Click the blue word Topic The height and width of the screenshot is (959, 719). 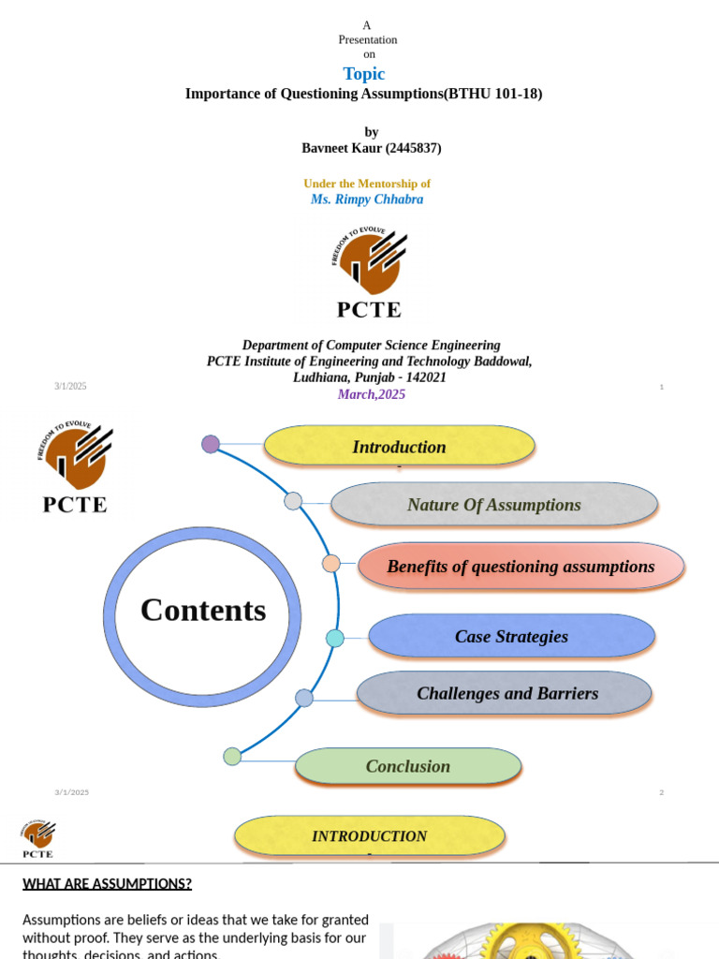[x=363, y=74]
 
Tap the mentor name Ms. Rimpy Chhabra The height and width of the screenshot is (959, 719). [x=367, y=199]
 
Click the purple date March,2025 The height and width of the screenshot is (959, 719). [x=371, y=394]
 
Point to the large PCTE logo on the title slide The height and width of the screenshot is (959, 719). [x=369, y=272]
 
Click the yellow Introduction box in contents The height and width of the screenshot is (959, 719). [x=399, y=447]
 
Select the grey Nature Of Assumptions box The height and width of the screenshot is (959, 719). [x=493, y=505]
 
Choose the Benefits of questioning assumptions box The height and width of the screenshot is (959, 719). [x=521, y=567]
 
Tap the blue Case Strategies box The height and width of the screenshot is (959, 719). [x=511, y=637]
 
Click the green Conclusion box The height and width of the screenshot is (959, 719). [x=407, y=766]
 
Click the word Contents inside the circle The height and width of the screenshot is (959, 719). [x=203, y=611]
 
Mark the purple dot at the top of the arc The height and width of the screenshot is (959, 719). [x=211, y=444]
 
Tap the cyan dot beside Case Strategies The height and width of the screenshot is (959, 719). [x=334, y=639]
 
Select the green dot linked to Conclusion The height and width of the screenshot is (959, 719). [x=232, y=756]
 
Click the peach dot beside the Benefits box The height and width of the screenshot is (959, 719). [x=330, y=564]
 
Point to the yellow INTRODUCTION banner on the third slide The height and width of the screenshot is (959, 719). [x=369, y=836]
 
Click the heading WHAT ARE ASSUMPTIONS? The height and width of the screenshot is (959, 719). [x=107, y=883]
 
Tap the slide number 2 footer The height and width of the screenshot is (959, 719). [x=661, y=792]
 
